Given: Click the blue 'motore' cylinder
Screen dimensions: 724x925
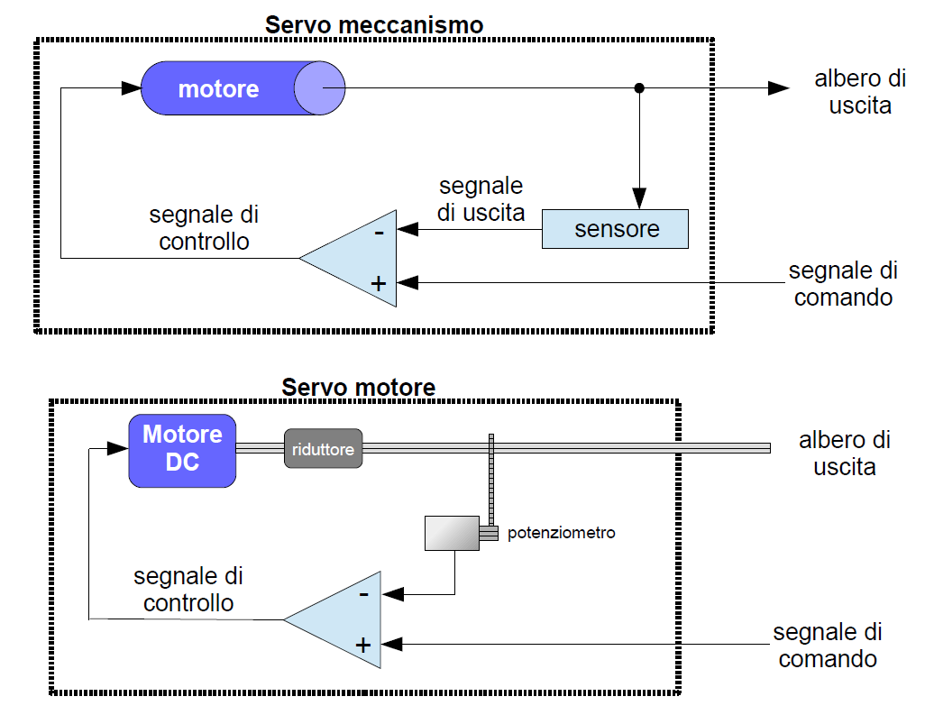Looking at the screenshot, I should point(219,88).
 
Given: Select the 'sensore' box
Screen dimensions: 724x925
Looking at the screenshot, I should point(615,229).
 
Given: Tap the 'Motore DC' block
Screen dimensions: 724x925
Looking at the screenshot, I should point(182,449).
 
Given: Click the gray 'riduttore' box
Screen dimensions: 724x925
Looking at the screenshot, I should point(324,448).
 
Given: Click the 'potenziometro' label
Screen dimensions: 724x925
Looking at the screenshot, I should point(561,533).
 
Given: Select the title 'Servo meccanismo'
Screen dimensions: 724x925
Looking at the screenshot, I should point(374,24).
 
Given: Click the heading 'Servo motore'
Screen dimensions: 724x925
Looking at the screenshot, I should point(358,388).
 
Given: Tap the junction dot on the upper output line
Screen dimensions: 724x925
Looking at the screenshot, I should point(639,87).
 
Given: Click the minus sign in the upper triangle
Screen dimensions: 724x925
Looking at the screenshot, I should point(380,233).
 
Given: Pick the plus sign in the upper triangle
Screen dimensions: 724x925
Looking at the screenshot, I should point(379,283).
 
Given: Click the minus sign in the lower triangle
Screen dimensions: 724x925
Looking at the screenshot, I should point(364,594).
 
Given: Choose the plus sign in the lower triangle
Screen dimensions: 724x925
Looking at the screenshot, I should point(362,645).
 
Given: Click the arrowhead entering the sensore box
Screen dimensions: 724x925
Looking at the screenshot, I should point(639,198).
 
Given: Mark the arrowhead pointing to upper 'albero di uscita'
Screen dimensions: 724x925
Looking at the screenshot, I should point(778,87).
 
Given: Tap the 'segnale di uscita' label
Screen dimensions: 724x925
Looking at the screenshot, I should point(481,200).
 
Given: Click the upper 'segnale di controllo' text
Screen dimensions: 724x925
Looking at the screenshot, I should point(204,228).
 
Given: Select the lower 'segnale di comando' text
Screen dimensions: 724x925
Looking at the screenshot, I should point(827,645).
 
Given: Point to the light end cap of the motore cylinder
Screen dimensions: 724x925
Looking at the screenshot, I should point(319,88).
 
